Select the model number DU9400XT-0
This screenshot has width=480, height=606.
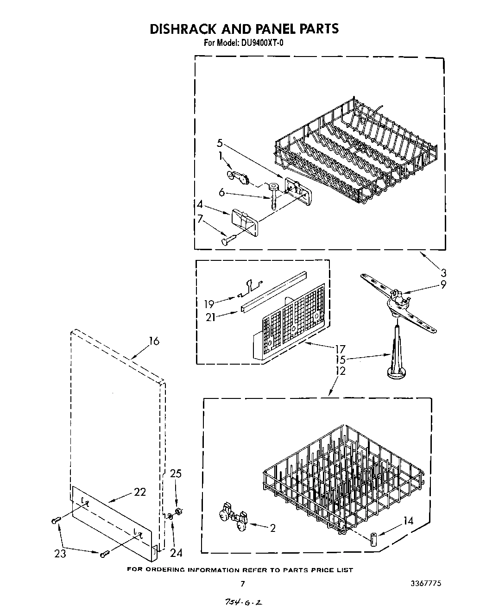261,43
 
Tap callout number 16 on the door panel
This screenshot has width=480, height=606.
154,341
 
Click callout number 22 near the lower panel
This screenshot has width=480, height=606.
140,492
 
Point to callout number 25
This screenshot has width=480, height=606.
176,473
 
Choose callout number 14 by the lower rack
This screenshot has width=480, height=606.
408,520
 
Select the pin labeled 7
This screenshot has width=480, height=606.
230,240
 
